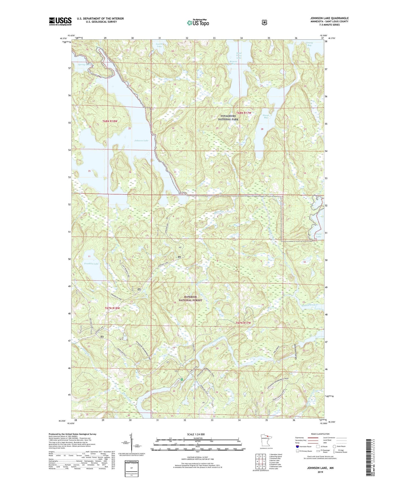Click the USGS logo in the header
pyautogui.click(x=60, y=21)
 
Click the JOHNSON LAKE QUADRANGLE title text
pyautogui.click(x=329, y=18)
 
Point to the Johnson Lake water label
pyautogui.click(x=141, y=141)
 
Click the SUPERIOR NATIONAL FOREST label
pyautogui.click(x=190, y=298)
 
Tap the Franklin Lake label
pyautogui.click(x=91, y=264)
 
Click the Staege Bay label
pyautogui.click(x=266, y=116)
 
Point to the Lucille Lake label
pyautogui.click(x=159, y=45)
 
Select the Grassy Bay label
pyautogui.click(x=309, y=44)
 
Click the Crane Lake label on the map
pyautogui.click(x=318, y=235)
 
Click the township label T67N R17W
pyautogui.click(x=243, y=323)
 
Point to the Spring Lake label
pyautogui.click(x=84, y=65)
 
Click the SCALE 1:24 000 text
pyautogui.click(x=196, y=434)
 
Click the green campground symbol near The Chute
pyautogui.click(x=182, y=380)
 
